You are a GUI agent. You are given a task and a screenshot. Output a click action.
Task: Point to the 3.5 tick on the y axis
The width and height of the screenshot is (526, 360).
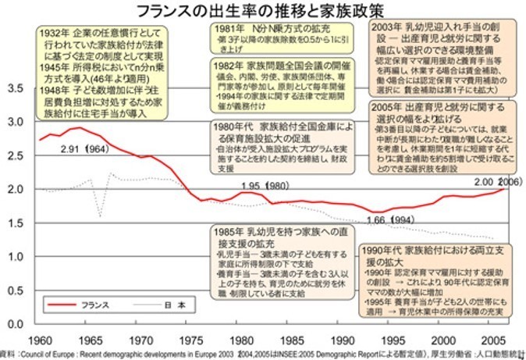click(16, 89)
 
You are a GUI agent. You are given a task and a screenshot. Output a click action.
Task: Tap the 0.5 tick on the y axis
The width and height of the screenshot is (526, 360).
click(16, 290)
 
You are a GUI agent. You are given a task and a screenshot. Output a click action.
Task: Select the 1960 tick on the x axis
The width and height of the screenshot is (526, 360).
click(41, 340)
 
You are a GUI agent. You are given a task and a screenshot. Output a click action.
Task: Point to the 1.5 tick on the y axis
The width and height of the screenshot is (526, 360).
click(16, 223)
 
